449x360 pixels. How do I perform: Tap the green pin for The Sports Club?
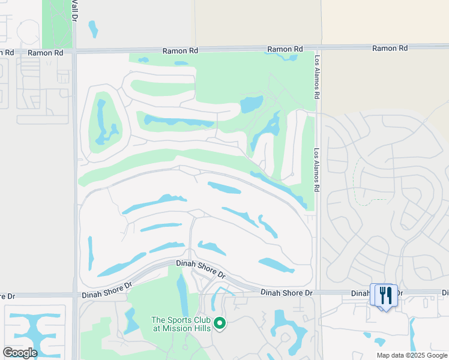pos(220,323)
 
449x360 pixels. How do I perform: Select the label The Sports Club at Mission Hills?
pos(181,323)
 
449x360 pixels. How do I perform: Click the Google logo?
pos(20,352)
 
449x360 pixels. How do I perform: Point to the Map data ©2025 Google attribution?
pos(411,355)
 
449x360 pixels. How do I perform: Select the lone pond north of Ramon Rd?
pos(92,28)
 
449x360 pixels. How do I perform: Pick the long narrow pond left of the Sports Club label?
pos(182,294)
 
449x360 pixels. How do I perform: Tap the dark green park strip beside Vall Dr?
pos(58,24)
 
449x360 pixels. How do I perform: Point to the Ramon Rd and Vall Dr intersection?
pos(74,52)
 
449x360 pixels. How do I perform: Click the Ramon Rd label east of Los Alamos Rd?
pos(390,48)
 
